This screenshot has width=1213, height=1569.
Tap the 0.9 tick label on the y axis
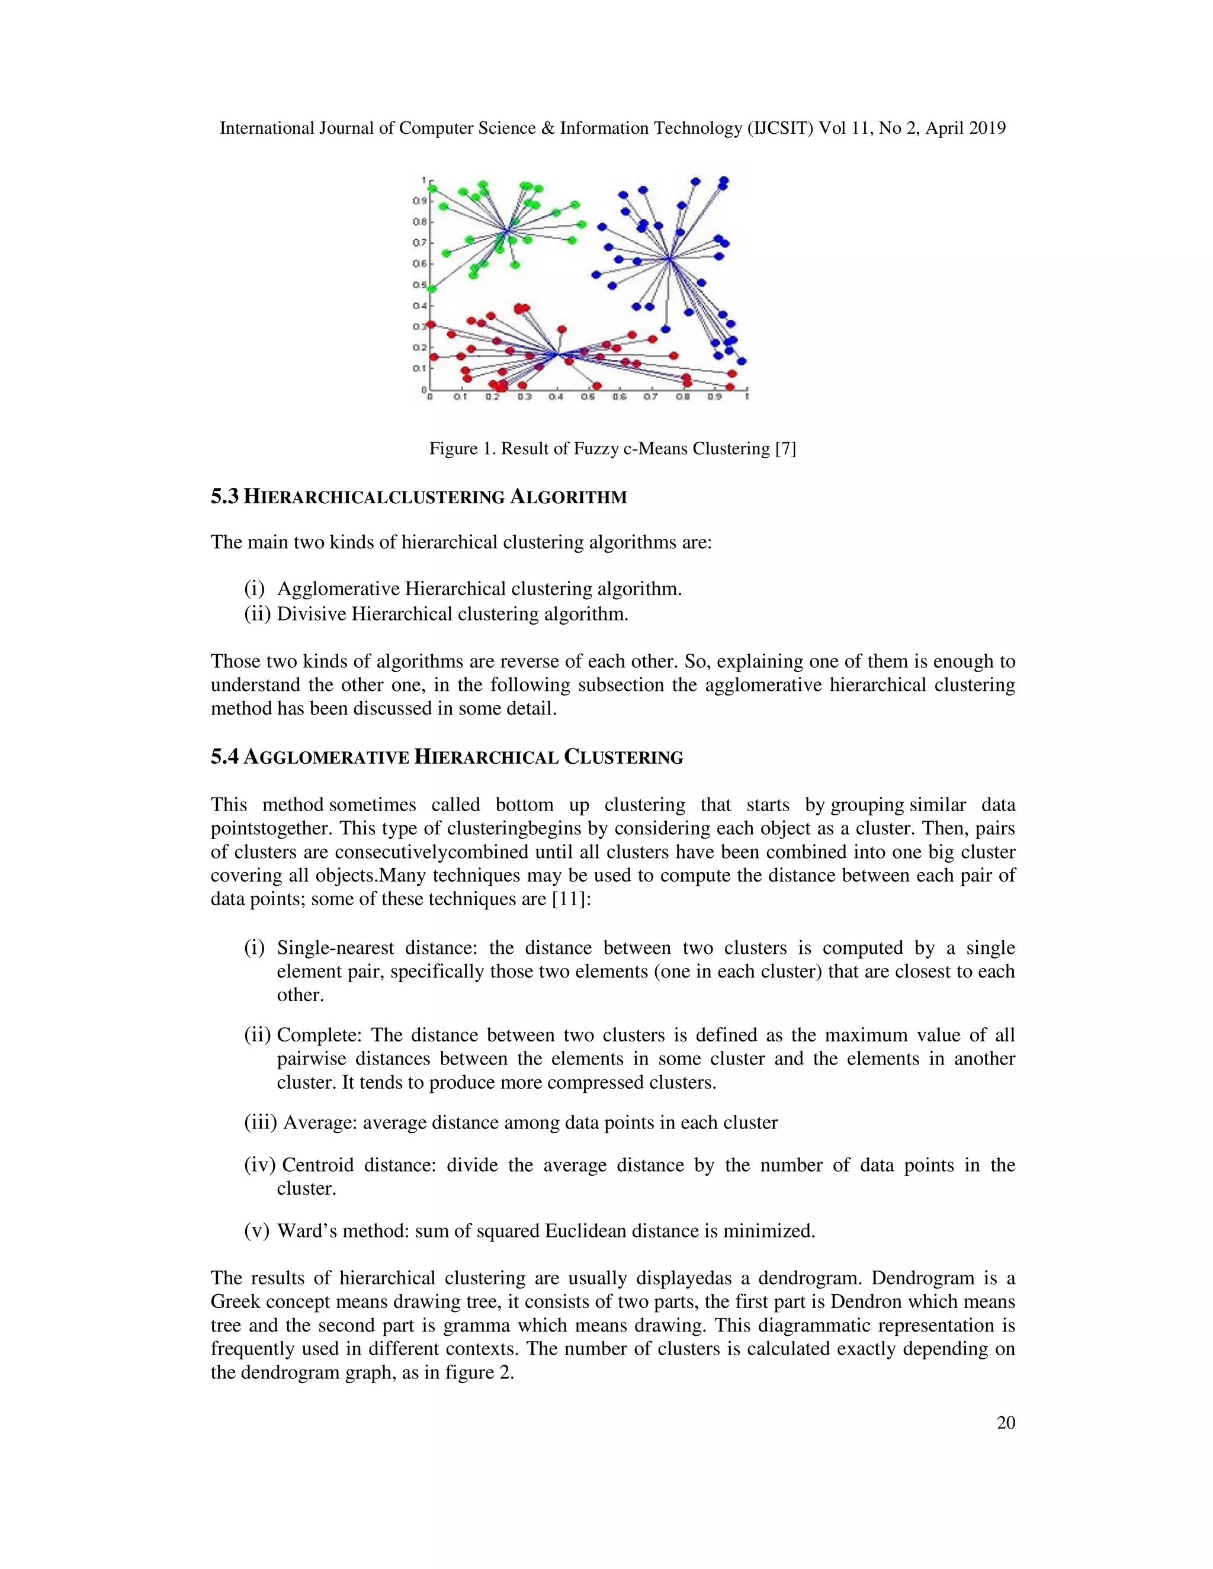pos(417,201)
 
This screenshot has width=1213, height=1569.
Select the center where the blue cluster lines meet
pos(669,259)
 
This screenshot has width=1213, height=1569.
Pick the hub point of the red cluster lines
pos(557,354)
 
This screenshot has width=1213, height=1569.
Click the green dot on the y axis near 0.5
pos(432,289)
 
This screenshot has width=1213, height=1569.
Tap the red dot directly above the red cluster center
pos(562,330)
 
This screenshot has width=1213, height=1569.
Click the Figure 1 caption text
pos(612,448)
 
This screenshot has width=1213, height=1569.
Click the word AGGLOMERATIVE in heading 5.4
pos(327,757)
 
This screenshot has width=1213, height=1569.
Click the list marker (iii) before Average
pos(260,1122)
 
